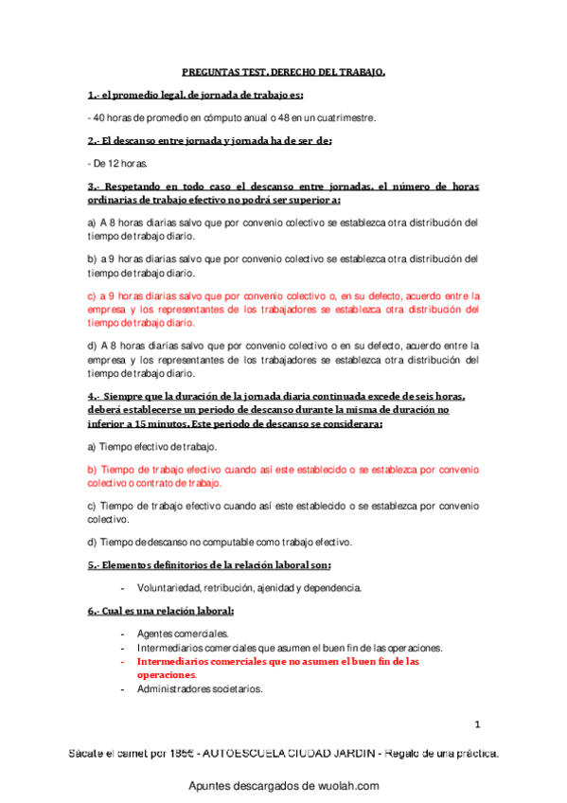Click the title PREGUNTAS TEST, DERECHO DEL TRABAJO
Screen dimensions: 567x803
pos(284,72)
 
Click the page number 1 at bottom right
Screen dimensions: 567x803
pos(478,725)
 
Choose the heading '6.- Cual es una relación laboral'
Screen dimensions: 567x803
pos(161,611)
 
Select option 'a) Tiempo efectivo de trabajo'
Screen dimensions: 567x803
pos(151,446)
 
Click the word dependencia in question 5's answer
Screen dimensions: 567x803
pos(329,588)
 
